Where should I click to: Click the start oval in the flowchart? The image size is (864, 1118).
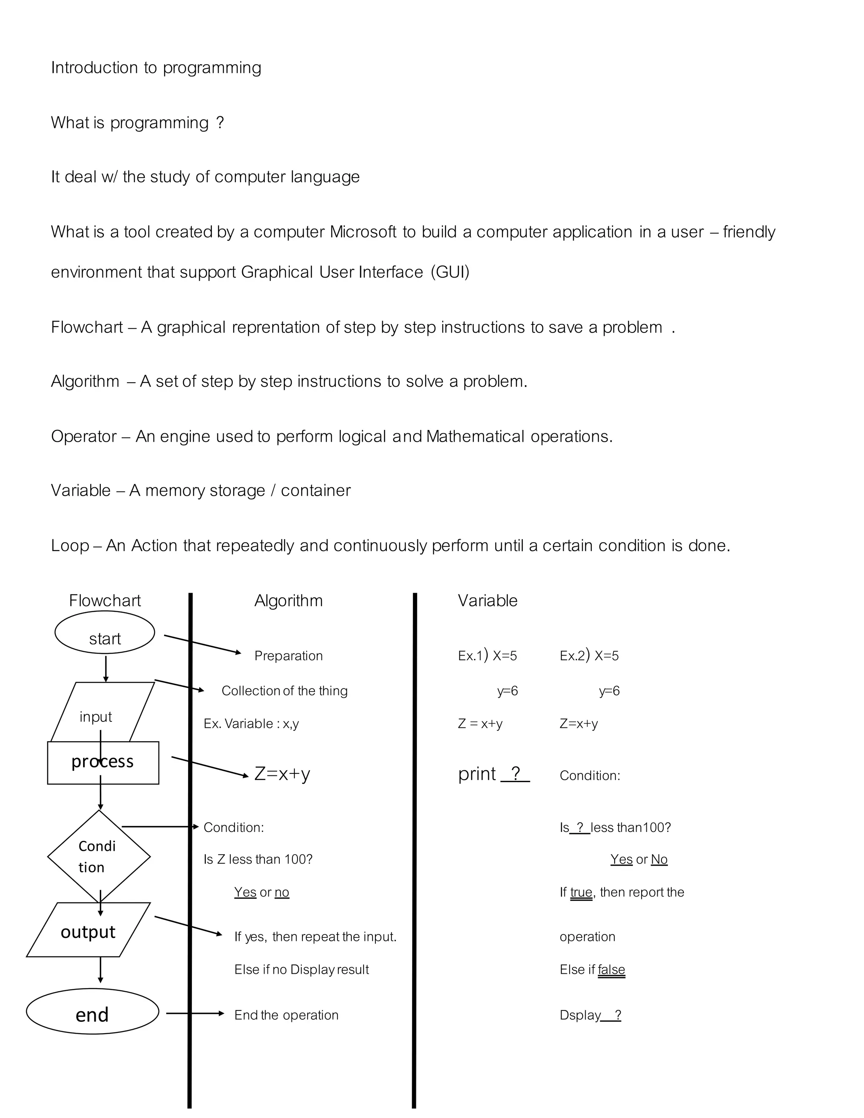tap(105, 633)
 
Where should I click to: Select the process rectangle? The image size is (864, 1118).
tap(103, 762)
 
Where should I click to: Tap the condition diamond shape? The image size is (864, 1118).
tap(98, 856)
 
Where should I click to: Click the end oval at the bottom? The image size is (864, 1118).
tap(92, 1014)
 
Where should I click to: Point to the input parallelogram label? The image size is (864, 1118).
tap(96, 717)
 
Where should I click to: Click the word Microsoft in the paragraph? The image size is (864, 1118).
tap(362, 232)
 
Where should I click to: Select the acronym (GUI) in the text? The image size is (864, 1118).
tap(450, 272)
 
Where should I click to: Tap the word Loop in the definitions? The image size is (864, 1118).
tap(70, 545)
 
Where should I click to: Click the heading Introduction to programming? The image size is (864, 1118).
tap(156, 68)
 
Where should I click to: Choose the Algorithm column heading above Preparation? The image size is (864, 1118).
tap(289, 600)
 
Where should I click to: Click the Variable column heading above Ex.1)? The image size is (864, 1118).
tap(487, 600)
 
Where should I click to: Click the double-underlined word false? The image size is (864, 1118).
tap(611, 969)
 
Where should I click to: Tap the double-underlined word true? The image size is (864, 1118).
tap(581, 892)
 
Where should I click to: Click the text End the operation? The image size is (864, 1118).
tap(286, 1015)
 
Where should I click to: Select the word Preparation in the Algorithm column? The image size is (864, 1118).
tap(289, 656)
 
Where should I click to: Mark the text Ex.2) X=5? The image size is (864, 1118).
tap(589, 656)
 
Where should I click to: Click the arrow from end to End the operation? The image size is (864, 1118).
tap(194, 1013)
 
